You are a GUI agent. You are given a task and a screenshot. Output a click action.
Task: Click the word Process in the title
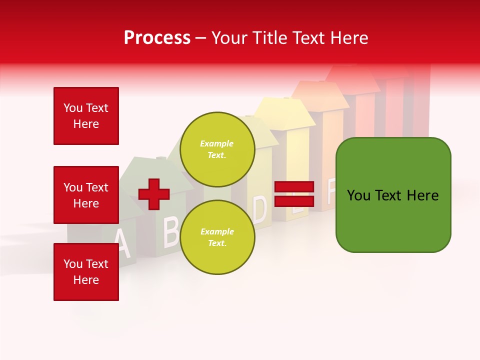coord(157,38)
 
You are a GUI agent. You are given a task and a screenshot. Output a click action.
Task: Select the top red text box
coord(86,116)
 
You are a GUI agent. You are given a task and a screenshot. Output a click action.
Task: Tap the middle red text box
coord(86,195)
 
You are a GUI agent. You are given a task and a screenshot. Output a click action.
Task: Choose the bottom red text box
coord(86,272)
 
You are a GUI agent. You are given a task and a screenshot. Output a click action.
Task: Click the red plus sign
coord(154,194)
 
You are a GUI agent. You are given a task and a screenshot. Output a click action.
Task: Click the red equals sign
coord(294,194)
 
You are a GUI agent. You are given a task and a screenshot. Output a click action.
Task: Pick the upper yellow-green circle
coord(217,149)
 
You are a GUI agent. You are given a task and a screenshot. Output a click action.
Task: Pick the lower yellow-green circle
coord(217,237)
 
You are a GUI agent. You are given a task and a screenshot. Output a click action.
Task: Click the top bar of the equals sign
coord(294,187)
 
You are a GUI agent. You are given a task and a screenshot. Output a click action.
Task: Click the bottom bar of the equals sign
coord(294,201)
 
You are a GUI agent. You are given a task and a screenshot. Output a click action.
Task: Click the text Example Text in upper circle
coord(217,149)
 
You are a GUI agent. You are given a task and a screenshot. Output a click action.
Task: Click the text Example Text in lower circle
coord(217,237)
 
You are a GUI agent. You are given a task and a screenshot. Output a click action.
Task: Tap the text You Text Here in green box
coord(393,195)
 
